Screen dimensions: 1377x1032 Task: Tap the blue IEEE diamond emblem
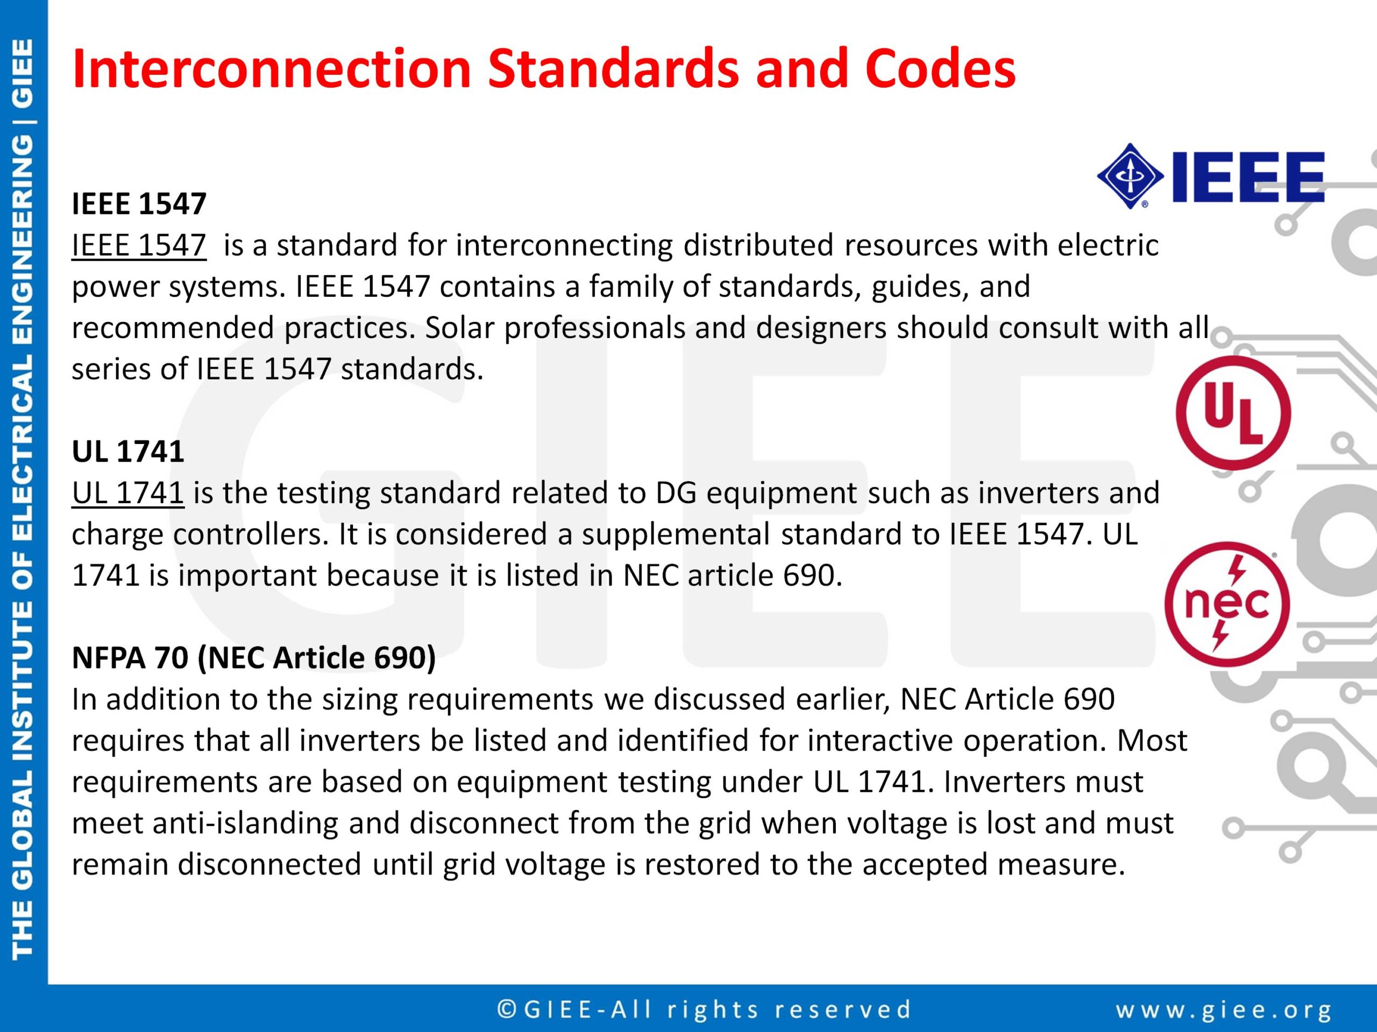(x=1130, y=176)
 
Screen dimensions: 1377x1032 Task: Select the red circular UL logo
(x=1233, y=413)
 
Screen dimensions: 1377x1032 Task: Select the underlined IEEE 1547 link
(x=139, y=245)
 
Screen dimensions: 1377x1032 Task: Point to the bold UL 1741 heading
(x=127, y=451)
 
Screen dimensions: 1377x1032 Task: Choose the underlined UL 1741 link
(x=127, y=493)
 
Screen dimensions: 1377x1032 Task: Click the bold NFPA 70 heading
(x=254, y=657)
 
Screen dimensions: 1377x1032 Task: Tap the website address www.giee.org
(x=1224, y=1009)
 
